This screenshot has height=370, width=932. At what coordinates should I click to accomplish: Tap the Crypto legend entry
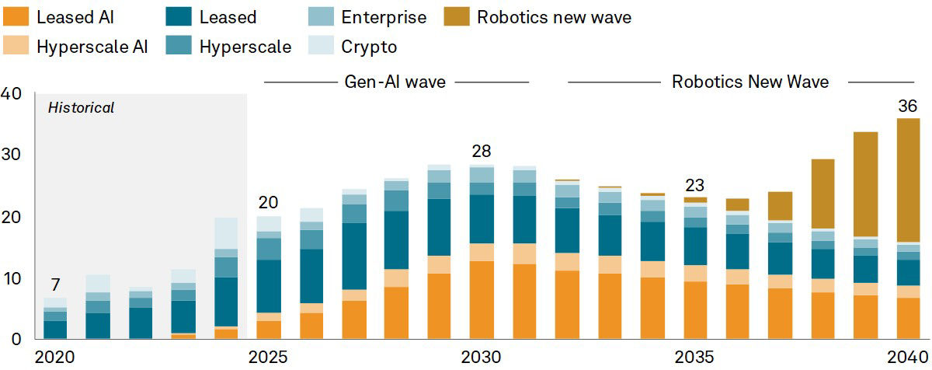[369, 46]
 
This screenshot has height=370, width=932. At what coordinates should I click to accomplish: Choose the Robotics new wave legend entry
[555, 16]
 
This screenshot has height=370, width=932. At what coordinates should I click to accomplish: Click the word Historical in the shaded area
[81, 108]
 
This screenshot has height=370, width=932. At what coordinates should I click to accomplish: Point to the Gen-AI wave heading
[395, 82]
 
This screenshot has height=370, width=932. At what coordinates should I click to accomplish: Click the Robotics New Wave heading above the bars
[749, 82]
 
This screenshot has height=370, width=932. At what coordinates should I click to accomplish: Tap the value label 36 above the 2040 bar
[907, 106]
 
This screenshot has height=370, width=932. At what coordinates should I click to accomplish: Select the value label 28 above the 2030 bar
[482, 152]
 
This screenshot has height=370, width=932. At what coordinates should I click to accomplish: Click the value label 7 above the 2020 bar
[54, 284]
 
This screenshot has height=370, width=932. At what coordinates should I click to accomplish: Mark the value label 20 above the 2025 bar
[268, 203]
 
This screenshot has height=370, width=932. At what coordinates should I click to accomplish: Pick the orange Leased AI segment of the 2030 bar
[482, 300]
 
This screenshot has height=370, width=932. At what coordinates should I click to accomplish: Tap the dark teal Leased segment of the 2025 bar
[269, 286]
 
